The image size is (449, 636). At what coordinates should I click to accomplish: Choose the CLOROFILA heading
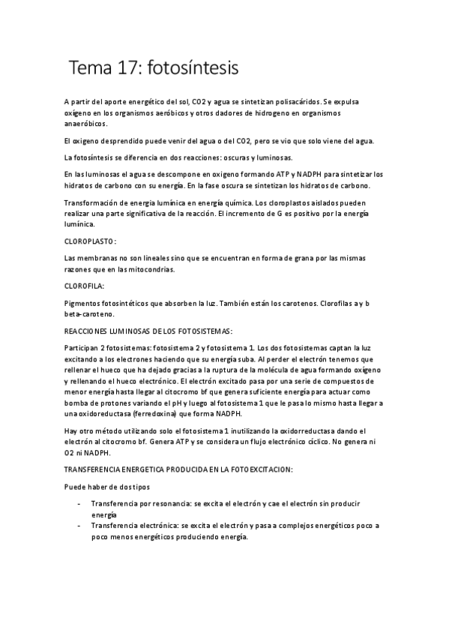click(x=85, y=286)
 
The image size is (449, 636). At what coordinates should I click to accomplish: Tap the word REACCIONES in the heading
click(x=92, y=331)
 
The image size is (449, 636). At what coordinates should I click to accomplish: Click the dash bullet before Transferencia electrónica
click(x=79, y=526)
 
